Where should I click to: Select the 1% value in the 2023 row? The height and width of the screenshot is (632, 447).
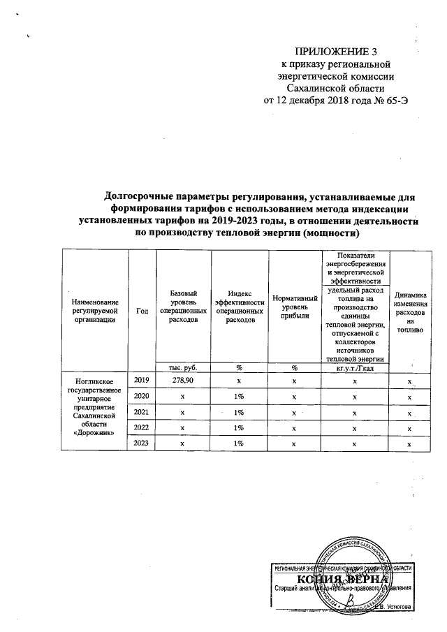239,443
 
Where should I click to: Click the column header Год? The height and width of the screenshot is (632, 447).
142,311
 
